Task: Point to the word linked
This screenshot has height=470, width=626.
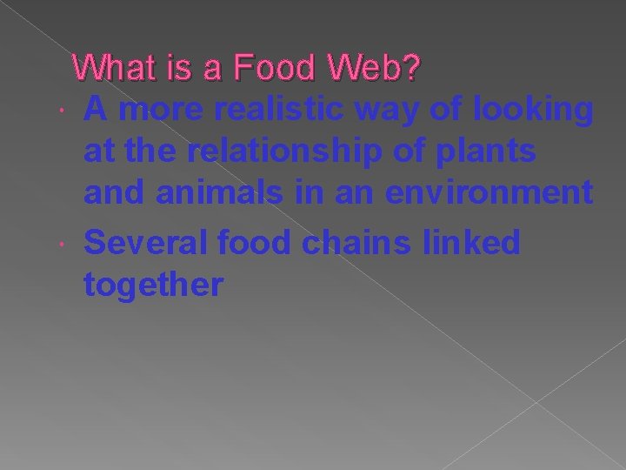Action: point(470,241)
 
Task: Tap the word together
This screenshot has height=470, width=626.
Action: point(154,285)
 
